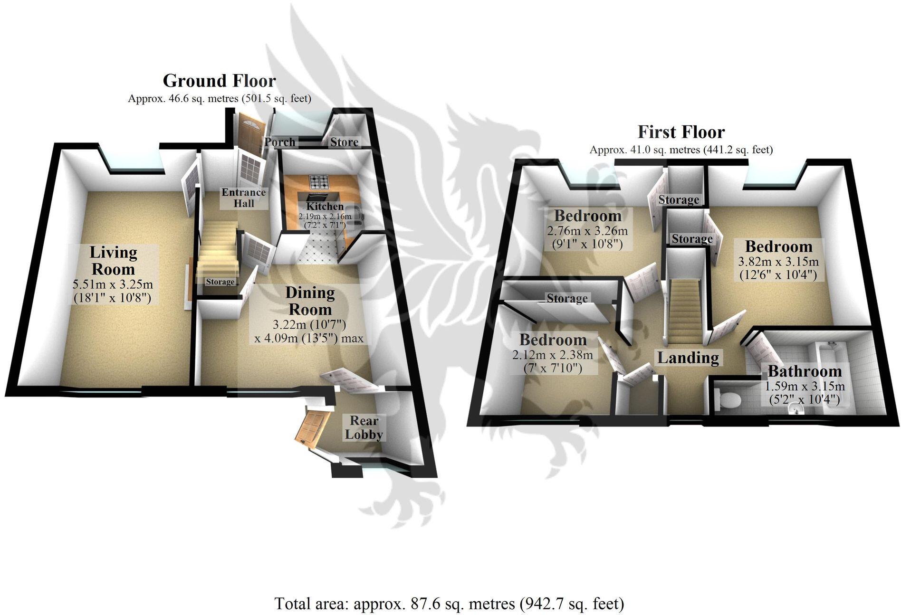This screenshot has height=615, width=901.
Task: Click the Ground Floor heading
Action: coord(219,81)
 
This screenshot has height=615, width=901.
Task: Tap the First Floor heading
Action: coord(681,132)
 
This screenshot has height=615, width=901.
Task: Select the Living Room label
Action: coord(113,260)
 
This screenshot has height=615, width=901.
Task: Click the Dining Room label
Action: coord(310,301)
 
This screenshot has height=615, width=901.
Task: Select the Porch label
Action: coord(280,142)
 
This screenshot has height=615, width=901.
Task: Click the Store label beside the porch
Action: coord(344,142)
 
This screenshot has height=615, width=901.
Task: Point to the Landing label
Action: coord(688,358)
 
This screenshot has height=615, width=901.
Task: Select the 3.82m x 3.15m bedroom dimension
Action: coord(778,262)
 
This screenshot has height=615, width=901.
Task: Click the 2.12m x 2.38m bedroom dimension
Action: coord(553,355)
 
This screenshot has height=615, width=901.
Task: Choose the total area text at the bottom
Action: coord(449,604)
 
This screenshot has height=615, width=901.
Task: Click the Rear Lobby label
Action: coord(364,427)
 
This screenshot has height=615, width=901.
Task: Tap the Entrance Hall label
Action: coord(244,198)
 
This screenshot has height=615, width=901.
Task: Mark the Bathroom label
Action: coord(805,371)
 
